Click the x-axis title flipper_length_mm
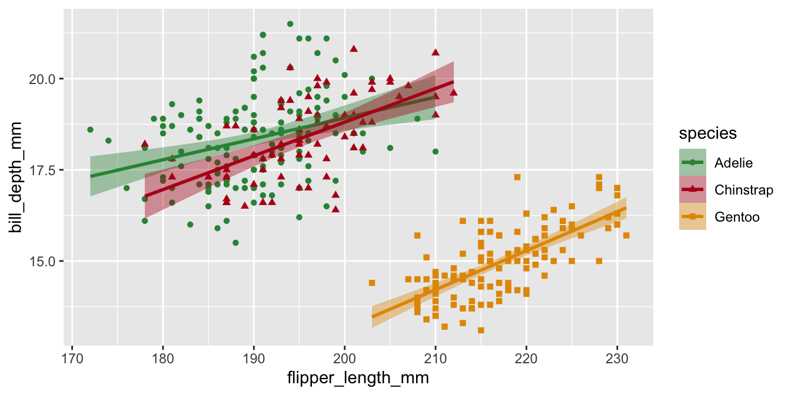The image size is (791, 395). tap(357, 378)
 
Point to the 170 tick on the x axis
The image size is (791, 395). tap(72, 355)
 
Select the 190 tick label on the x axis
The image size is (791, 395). tap(254, 355)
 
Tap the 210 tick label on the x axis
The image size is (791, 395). tap(436, 355)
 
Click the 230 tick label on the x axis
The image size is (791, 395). tap(617, 355)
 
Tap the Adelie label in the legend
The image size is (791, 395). tap(733, 162)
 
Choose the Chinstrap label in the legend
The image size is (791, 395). tap(743, 189)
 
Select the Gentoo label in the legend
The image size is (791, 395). tap(737, 217)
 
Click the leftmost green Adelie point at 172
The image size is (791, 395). tap(90, 129)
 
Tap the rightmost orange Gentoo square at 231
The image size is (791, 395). tap(626, 235)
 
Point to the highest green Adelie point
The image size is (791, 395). tap(290, 24)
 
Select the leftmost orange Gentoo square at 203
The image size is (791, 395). tap(372, 283)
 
